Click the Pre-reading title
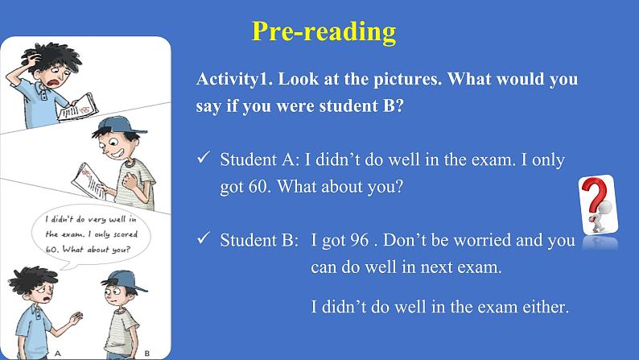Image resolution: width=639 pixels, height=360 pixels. [x=324, y=31]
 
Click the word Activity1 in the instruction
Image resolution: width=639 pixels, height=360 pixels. [x=233, y=81]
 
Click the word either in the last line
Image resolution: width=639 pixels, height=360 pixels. [x=546, y=306]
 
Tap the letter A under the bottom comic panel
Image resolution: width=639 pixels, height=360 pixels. [x=58, y=352]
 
